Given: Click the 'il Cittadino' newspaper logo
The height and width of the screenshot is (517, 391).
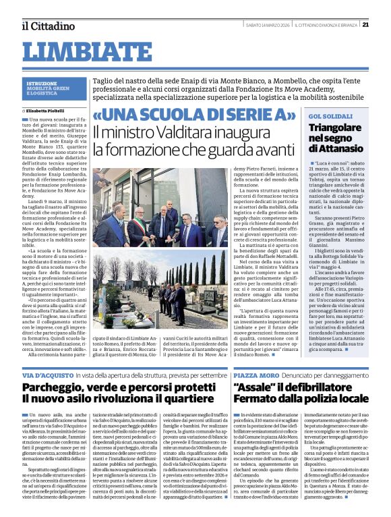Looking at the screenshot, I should [48, 26].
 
